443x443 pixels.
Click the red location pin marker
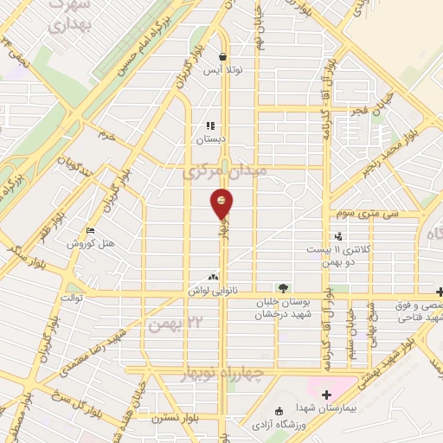pos(222,202)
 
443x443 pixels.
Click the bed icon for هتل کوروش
pos(90,230)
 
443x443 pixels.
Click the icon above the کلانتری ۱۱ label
pos(338,234)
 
